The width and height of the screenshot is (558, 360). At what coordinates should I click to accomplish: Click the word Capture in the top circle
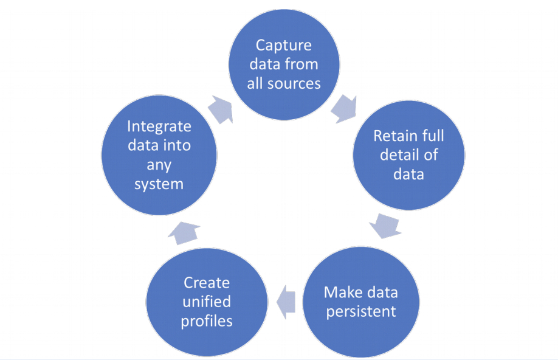point(284,46)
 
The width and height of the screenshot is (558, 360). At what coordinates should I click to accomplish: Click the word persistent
point(361,311)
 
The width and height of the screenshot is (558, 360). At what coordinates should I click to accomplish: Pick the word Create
point(207,282)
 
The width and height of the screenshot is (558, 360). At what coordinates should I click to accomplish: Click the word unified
point(207,302)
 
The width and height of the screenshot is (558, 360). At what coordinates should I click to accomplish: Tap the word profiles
point(207,320)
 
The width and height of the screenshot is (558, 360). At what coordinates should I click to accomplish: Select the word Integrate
point(159,126)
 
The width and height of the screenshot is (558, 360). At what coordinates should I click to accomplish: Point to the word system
point(159,183)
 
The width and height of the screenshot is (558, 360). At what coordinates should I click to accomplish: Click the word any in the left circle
point(159,164)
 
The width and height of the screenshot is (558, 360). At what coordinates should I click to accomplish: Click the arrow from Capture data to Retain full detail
point(345,108)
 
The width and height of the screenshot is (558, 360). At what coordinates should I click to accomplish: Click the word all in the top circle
point(258,83)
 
